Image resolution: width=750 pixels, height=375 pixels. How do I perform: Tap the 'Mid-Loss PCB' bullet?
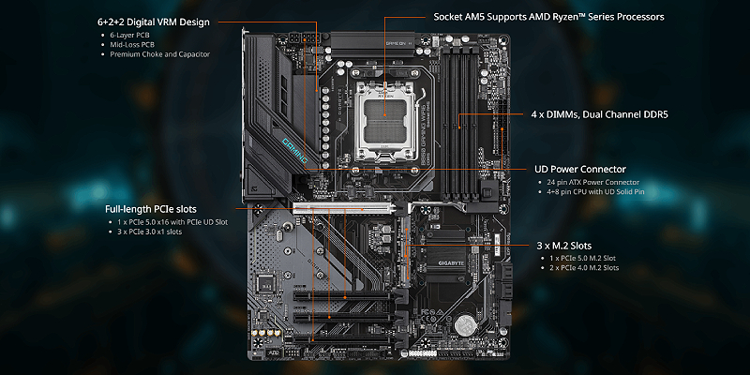coord(130,45)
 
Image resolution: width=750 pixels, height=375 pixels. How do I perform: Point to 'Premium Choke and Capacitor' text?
coord(157,54)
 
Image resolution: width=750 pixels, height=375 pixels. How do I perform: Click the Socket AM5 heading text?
coord(548,17)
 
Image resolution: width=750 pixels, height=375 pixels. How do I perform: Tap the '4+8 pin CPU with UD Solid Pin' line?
coord(597,191)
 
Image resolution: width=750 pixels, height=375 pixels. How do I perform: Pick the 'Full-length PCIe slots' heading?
coord(155,209)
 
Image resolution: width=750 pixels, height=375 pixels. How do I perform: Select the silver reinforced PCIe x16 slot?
coord(347,206)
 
